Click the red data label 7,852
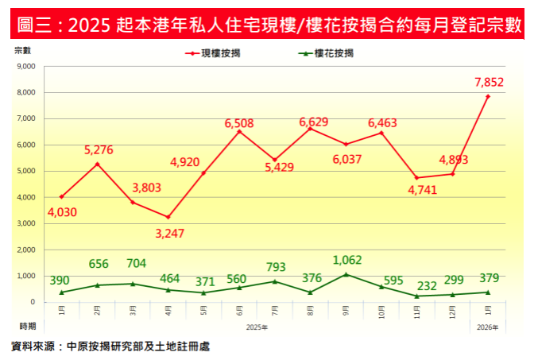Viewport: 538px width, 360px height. point(489,82)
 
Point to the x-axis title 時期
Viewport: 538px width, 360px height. point(28,326)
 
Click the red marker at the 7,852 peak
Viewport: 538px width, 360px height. point(488,96)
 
